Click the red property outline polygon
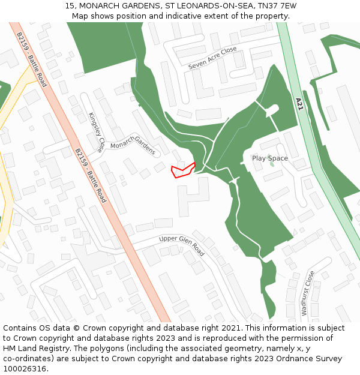tap(182, 170)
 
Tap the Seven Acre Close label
tap(212, 58)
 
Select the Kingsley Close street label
tap(96, 131)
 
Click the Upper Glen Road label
tap(182, 245)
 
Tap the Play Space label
tap(269, 158)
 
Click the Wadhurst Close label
tap(307, 293)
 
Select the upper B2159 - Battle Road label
tap(32, 59)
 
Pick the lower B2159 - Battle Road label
tap(91, 176)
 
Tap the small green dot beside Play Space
tap(272, 164)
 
